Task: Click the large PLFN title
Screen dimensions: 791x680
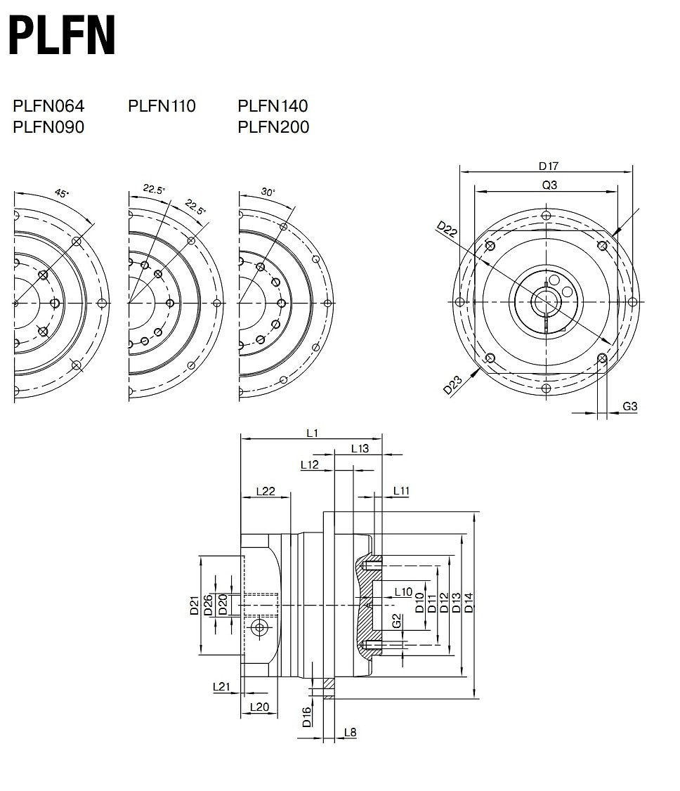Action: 63,37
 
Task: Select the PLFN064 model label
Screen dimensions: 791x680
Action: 48,106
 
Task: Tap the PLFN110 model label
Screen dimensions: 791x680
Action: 162,106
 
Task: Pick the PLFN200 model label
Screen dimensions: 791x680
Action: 273,127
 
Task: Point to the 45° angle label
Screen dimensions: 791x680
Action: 63,194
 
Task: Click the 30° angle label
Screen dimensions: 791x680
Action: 268,192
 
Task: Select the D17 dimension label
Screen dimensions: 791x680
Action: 548,166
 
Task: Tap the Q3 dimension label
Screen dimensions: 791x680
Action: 549,185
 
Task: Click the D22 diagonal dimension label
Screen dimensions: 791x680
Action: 447,230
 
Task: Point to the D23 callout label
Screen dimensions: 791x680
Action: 452,386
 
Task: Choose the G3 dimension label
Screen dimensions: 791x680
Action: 630,406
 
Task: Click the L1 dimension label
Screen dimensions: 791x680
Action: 312,433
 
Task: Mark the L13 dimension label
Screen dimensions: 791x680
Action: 360,449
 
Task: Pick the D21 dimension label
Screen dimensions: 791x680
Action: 195,605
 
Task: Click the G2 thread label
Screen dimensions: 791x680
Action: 397,622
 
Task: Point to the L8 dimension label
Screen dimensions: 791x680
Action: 350,732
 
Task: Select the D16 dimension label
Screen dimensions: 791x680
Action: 307,717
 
